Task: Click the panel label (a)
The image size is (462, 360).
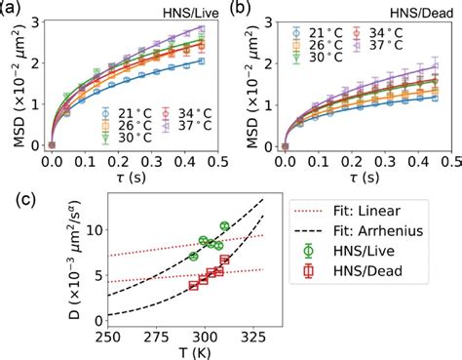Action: [x=14, y=9]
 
